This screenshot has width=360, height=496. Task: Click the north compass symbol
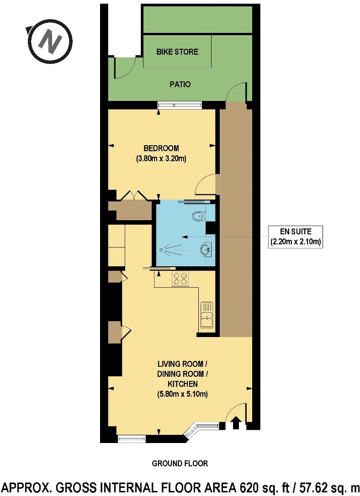[x=49, y=41]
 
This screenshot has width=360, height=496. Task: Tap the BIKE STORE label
[x=177, y=52]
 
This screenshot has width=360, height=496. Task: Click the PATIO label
[x=180, y=84]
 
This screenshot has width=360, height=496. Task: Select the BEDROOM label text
[x=161, y=148]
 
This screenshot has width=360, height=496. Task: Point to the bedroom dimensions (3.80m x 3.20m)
[x=162, y=159]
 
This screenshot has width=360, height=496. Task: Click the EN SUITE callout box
[x=296, y=237]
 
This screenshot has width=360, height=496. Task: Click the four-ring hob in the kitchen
[x=180, y=279]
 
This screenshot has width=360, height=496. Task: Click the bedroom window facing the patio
[x=179, y=105]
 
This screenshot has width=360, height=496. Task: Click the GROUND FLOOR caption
[x=180, y=464]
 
